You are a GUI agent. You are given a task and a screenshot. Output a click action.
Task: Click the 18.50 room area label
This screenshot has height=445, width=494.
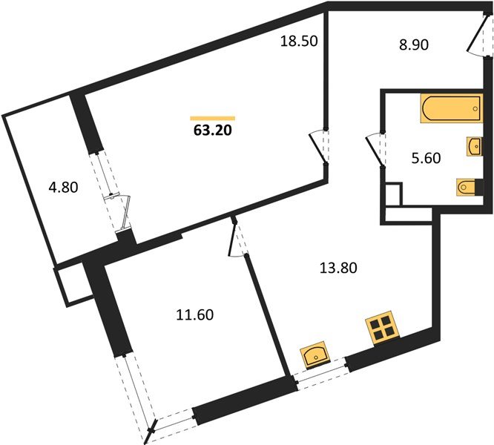[299, 42]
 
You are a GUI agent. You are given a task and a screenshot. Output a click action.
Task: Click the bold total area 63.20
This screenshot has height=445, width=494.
[211, 135]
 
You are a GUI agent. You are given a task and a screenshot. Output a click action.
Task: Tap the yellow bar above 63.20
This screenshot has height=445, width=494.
[212, 118]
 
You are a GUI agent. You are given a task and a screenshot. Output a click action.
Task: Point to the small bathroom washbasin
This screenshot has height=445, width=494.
[473, 145]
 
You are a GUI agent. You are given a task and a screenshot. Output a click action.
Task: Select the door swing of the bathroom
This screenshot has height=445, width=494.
[375, 148]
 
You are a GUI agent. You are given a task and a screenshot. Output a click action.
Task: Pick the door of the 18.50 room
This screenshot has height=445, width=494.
[319, 144]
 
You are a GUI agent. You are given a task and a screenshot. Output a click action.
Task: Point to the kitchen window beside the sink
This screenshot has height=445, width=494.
[320, 373]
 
